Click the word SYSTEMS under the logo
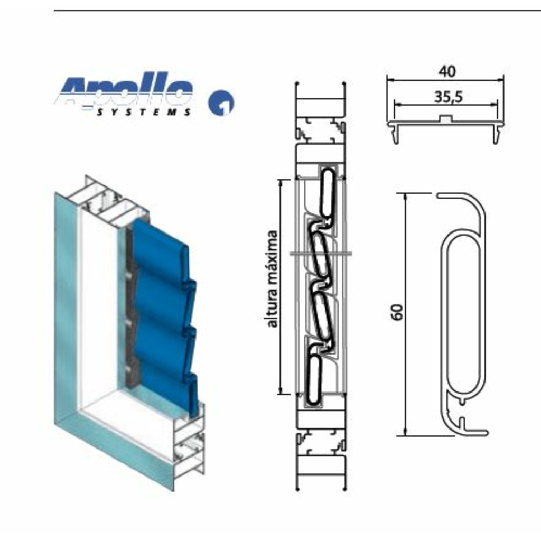[144, 113]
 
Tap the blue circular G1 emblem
[221, 103]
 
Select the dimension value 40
[447, 71]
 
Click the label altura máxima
[272, 278]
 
